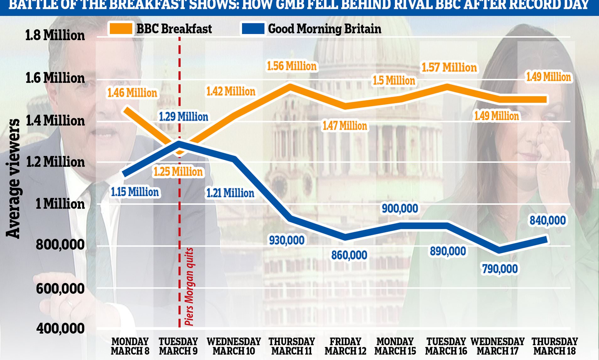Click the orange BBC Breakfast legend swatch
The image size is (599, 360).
point(121,29)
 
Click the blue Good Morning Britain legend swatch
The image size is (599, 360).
point(253,29)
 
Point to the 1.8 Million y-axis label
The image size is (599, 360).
point(55,35)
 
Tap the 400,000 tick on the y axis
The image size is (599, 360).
point(60,328)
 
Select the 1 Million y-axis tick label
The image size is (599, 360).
point(60,204)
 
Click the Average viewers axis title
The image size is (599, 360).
point(13,178)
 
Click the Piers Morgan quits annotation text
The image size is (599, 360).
point(189,286)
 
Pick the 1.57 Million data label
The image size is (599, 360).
point(449,68)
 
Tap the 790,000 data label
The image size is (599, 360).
point(500,269)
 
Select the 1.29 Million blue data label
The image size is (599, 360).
point(183,117)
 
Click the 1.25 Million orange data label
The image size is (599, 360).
point(178,172)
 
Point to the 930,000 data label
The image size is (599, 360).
point(287,240)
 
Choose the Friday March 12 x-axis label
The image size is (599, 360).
point(345,346)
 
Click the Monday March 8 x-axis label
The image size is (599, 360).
point(130,346)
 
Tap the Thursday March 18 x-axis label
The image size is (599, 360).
point(554,346)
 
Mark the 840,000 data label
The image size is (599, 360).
point(548,221)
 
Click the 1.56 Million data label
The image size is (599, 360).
point(292,66)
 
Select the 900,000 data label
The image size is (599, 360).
point(400,209)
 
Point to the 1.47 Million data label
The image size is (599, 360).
point(345,126)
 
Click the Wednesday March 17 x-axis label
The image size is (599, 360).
point(497,346)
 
